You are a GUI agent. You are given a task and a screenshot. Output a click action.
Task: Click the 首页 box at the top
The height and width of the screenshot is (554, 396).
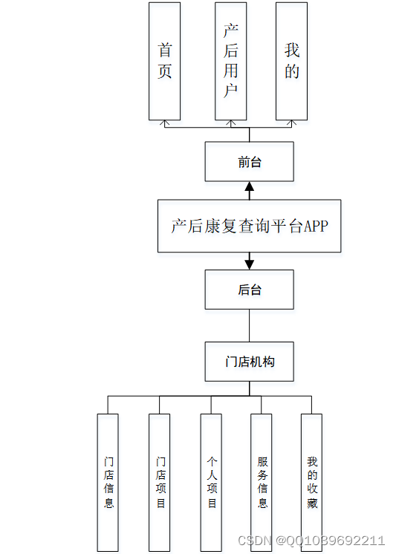[164, 61]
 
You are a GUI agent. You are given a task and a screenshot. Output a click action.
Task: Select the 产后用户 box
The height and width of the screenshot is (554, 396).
[230, 61]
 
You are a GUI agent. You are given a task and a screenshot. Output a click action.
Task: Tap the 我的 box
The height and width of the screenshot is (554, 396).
[291, 61]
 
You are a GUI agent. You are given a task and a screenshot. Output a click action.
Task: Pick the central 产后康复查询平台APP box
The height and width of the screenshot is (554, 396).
[249, 226]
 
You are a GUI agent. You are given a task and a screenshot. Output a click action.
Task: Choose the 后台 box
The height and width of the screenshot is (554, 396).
[249, 290]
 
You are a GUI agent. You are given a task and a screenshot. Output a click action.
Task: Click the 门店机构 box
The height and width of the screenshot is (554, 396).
[249, 362]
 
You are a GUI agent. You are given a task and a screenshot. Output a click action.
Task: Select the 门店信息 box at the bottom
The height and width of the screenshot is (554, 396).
[108, 482]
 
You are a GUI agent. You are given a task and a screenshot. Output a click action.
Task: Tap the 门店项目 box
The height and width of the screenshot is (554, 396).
[160, 482]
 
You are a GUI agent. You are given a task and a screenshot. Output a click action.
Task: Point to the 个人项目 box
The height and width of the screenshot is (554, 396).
[211, 482]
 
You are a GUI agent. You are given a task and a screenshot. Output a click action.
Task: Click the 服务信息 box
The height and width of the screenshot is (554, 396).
[262, 482]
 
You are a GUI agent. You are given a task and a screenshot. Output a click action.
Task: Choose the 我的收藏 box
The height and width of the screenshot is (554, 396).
[311, 482]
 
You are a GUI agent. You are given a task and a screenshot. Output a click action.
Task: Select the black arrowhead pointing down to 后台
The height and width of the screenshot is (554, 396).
[250, 264]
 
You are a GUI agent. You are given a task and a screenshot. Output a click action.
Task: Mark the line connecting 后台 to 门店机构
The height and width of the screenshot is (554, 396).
[249, 325]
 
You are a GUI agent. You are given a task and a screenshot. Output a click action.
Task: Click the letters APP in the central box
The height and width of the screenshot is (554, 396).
[315, 226]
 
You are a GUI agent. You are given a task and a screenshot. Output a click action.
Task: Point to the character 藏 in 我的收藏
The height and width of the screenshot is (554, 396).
[312, 504]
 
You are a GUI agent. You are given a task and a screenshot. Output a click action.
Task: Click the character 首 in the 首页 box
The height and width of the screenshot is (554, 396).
[165, 50]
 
